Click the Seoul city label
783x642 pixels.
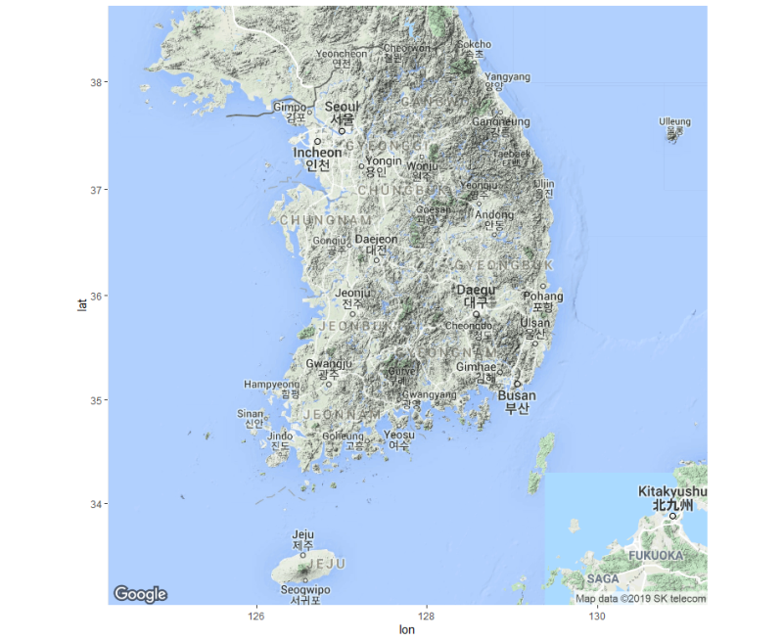[x=343, y=107]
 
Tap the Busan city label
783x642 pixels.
[x=517, y=396]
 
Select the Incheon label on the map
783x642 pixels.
[x=318, y=154]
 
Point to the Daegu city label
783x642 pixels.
[x=477, y=291]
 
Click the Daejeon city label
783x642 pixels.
[x=376, y=239]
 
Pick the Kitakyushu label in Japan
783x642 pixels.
[x=672, y=491]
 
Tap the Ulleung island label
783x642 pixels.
[x=674, y=122]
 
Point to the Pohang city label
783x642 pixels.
[x=543, y=296]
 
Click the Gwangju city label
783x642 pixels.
[x=329, y=364]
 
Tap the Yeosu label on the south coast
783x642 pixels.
[x=398, y=436]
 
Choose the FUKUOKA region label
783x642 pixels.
[x=655, y=555]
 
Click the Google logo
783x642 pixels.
[x=140, y=594]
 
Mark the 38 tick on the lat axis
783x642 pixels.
[x=97, y=82]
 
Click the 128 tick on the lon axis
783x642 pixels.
[x=427, y=617]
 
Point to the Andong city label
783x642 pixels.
[x=493, y=215]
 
